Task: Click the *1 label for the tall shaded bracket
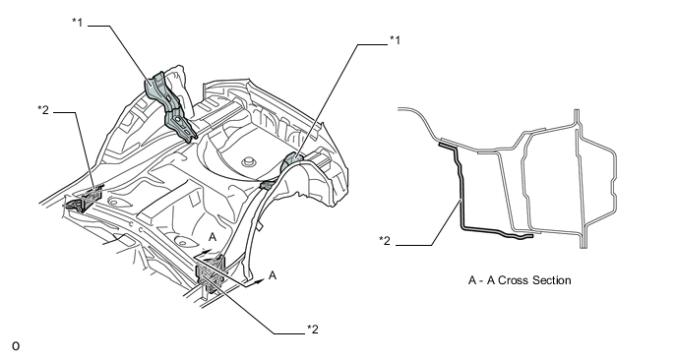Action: click(x=78, y=22)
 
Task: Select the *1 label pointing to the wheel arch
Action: click(x=395, y=40)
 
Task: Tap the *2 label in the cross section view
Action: click(x=385, y=240)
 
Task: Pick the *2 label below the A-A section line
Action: click(x=313, y=330)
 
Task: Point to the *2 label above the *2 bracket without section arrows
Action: click(x=43, y=110)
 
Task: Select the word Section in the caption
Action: click(x=552, y=280)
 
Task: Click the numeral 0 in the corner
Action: click(x=16, y=346)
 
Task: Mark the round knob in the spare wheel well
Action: click(x=247, y=162)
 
